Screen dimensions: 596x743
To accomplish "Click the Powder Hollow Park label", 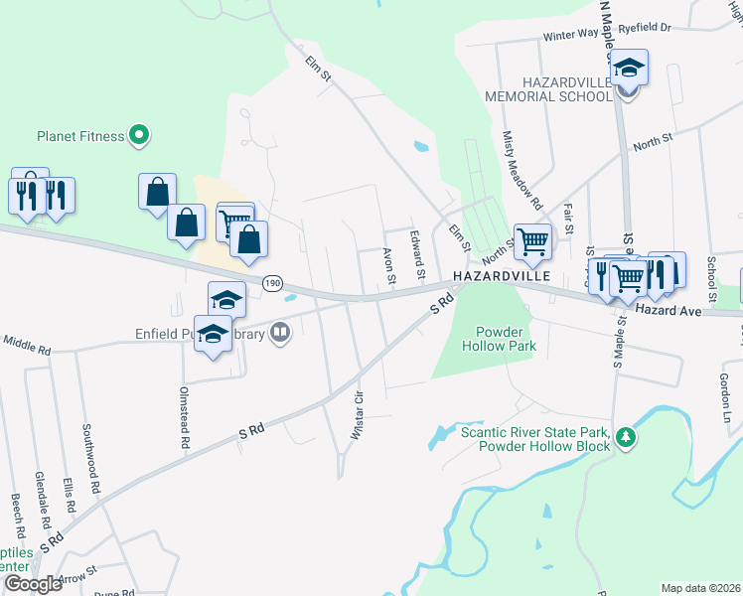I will tap(499, 339).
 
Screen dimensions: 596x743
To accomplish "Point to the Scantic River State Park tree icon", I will tap(625, 437).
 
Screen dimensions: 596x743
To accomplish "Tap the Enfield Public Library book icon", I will tap(280, 335).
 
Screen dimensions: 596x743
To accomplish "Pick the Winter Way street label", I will tap(570, 35).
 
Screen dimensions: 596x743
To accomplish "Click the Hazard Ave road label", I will tap(669, 311).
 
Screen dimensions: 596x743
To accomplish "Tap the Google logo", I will tap(33, 584).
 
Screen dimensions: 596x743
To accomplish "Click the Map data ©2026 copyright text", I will tap(699, 588).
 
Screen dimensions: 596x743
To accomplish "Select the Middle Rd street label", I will tap(26, 348).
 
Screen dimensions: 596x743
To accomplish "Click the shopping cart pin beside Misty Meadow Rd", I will tap(533, 240).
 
